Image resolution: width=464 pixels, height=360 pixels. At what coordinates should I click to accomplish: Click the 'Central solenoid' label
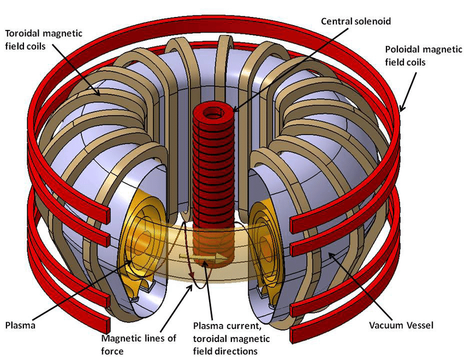coord(356,21)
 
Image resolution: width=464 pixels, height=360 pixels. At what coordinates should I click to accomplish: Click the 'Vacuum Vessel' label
coord(401,326)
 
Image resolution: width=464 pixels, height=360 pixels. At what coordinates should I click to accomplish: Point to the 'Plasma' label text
coord(20,326)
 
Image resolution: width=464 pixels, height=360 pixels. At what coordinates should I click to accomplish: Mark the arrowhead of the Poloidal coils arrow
coord(401,110)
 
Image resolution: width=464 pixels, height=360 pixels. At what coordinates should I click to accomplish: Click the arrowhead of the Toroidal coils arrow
coord(100,95)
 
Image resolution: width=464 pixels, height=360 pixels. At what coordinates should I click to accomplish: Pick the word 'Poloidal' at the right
coord(401,49)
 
